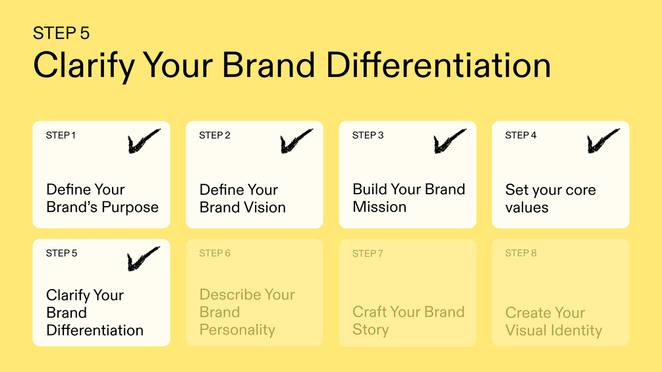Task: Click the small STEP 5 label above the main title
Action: [x=61, y=34]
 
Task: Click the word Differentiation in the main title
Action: [x=439, y=65]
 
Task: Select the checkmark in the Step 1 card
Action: [x=144, y=141]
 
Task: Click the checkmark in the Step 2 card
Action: [x=297, y=141]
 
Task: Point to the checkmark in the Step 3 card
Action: [x=450, y=141]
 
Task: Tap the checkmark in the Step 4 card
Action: [x=603, y=141]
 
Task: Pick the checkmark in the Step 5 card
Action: [x=144, y=259]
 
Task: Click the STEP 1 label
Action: [x=61, y=136]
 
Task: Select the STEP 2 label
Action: [x=215, y=136]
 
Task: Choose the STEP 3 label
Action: [x=368, y=136]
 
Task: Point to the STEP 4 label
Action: [x=520, y=136]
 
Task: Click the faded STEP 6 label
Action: [x=215, y=253]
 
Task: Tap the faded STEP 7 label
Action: [x=368, y=253]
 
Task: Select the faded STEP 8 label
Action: [x=520, y=253]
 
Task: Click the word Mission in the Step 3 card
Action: [x=379, y=207]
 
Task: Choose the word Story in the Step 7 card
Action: [x=371, y=330]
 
